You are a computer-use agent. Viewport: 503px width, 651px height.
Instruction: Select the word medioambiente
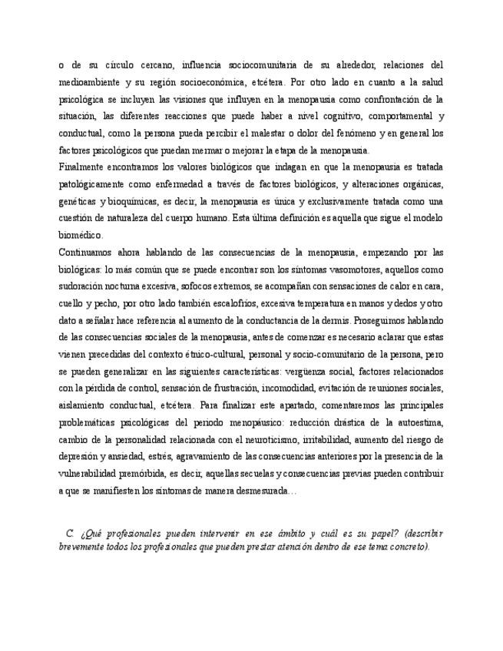click(90, 82)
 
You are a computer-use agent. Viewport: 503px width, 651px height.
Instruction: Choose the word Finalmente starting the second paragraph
click(84, 167)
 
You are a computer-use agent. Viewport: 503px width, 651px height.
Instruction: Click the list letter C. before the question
click(70, 532)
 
